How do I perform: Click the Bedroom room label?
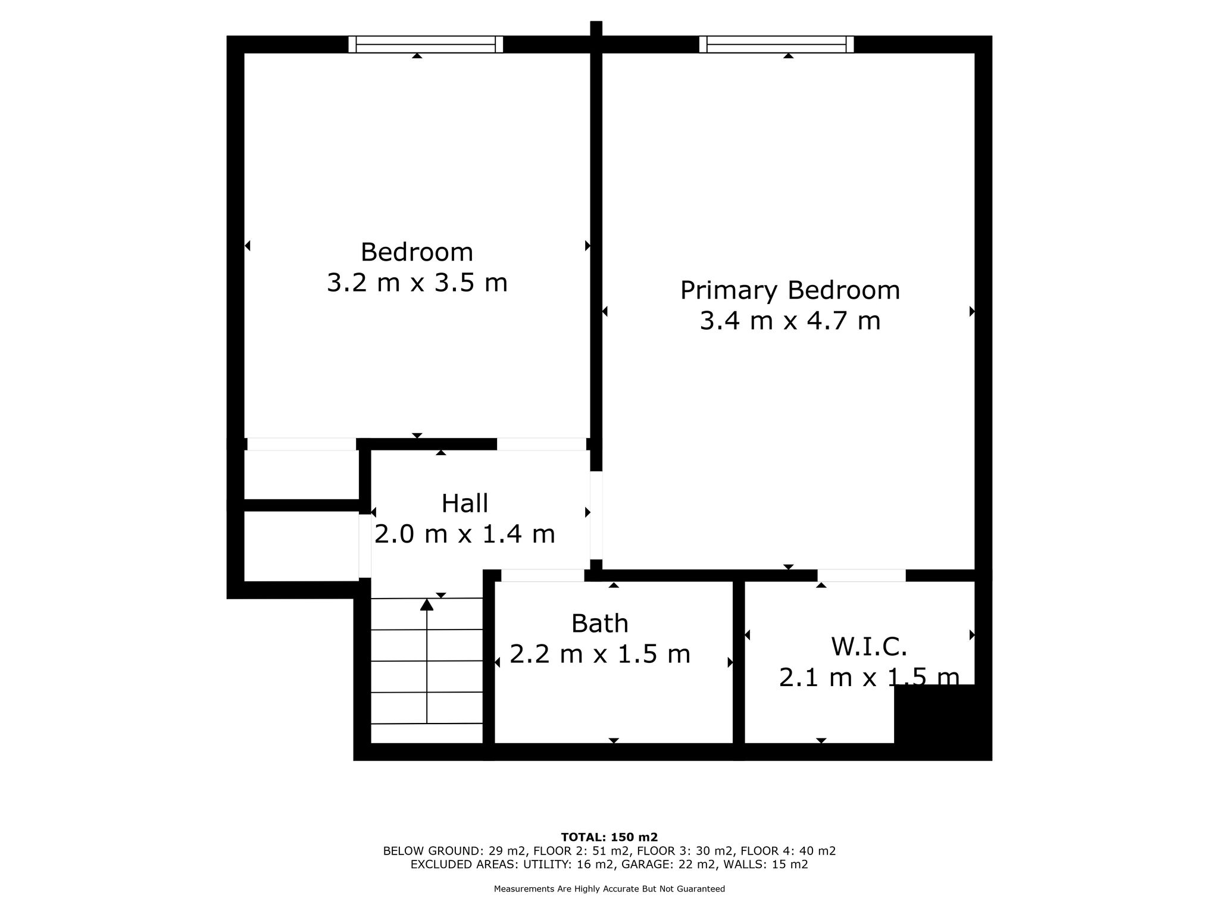(417, 252)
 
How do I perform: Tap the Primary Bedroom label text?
(790, 291)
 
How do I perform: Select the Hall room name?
(465, 503)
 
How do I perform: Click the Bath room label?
(600, 624)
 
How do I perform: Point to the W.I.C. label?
(869, 646)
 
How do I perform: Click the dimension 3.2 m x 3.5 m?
(417, 283)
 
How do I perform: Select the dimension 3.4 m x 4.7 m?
(790, 321)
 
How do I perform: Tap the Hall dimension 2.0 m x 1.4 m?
(465, 534)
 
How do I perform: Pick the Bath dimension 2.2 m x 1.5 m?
(600, 655)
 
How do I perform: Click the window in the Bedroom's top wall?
(426, 45)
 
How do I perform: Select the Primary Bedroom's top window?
(776, 45)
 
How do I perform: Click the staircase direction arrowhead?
(427, 605)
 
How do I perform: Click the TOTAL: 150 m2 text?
(609, 837)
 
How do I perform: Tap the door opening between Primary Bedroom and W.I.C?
(861, 575)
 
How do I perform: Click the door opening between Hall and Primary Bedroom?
(596, 515)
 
